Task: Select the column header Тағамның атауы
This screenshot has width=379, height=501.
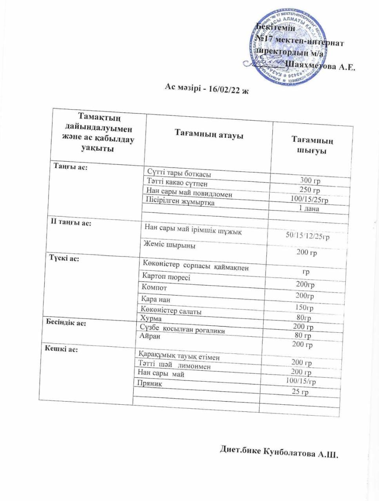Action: (x=209, y=135)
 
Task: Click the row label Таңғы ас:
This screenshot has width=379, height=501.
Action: (x=70, y=167)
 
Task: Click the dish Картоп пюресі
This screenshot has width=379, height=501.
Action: (x=166, y=277)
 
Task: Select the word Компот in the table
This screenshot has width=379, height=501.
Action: (x=154, y=288)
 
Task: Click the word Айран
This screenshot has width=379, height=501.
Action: (x=150, y=336)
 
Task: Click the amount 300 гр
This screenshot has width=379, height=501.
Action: (x=310, y=180)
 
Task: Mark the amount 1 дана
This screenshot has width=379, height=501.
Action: (x=309, y=209)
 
